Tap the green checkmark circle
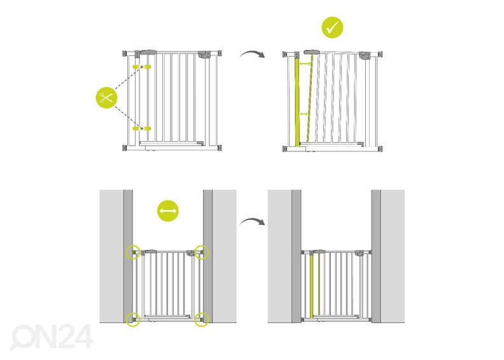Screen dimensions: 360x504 pyautogui.click(x=332, y=28)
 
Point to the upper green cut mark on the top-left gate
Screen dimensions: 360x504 pyautogui.click(x=142, y=66)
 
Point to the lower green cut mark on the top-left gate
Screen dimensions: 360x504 pyautogui.click(x=142, y=128)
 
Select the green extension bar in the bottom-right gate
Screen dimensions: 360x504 pyautogui.click(x=311, y=285)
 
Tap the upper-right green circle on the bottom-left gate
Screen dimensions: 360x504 pyautogui.click(x=202, y=253)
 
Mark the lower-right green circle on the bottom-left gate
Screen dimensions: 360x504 pyautogui.click(x=202, y=319)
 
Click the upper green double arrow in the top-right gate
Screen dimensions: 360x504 pyautogui.click(x=305, y=64)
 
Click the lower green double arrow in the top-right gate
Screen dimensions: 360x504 pyautogui.click(x=304, y=114)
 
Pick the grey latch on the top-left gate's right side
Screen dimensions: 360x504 pyautogui.click(x=206, y=56)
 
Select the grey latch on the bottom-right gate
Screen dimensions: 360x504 pyautogui.click(x=365, y=253)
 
